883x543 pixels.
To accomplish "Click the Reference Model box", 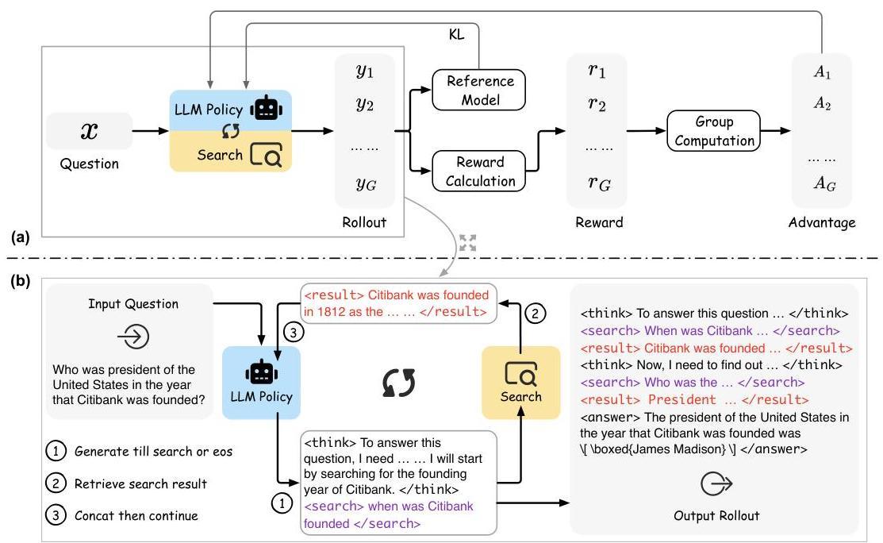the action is click(478, 90).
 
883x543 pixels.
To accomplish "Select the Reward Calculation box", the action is click(478, 171).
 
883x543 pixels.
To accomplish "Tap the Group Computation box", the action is click(713, 131).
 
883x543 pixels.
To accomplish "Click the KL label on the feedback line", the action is click(457, 34).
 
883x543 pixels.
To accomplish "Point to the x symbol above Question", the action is click(89, 131).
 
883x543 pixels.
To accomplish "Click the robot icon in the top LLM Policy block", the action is click(266, 108).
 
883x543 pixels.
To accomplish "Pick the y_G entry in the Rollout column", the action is click(366, 183).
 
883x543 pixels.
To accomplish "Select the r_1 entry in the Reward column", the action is click(597, 71).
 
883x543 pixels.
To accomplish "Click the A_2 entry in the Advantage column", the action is click(822, 104).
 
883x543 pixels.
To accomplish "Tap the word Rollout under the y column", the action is click(364, 222).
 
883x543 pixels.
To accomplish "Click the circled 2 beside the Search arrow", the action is click(535, 313).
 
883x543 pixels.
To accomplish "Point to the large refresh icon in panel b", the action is click(399, 383).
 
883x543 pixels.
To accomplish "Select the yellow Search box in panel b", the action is click(521, 383).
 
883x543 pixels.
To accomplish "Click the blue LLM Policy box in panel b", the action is click(261, 383).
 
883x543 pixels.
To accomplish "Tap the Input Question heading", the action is click(133, 304).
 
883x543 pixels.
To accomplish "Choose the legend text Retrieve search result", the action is click(140, 483).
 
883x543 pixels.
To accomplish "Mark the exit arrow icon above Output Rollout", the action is click(716, 483).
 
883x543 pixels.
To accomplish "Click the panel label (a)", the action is click(21, 237).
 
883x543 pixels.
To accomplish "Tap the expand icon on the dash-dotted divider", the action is click(467, 243).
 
